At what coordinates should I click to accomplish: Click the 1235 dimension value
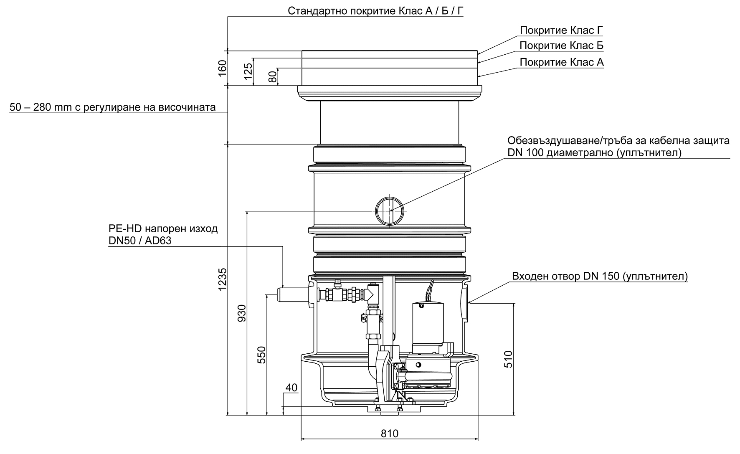click(x=222, y=279)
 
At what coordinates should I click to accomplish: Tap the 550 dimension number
click(x=261, y=355)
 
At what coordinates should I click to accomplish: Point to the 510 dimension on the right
click(x=508, y=359)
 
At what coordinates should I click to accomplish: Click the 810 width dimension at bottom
click(x=389, y=434)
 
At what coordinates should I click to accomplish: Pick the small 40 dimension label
click(x=291, y=388)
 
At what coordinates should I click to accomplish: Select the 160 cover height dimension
click(x=222, y=68)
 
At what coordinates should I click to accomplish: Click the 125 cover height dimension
click(x=248, y=71)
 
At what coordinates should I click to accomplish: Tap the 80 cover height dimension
click(x=272, y=77)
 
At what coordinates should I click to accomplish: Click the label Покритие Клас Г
click(x=561, y=30)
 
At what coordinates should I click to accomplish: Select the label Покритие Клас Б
click(x=561, y=46)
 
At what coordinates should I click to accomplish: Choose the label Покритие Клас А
click(x=561, y=63)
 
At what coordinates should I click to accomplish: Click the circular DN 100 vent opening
click(x=389, y=211)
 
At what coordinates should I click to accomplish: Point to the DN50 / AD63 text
click(x=140, y=241)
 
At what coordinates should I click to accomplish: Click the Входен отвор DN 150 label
click(x=600, y=276)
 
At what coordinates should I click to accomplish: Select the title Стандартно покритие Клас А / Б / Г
click(x=375, y=11)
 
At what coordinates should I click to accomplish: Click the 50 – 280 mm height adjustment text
click(x=113, y=108)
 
